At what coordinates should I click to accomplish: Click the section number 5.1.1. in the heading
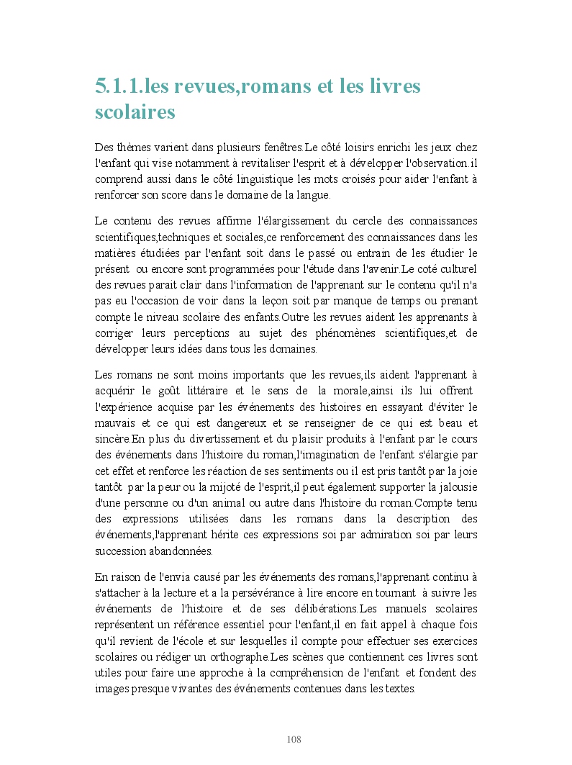coord(119,87)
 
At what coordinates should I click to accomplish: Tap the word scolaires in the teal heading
coord(135,113)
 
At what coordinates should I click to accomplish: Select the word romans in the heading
coord(271,87)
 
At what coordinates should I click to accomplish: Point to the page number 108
coord(294,740)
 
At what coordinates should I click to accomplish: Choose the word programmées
coord(246,269)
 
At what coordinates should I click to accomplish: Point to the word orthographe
coord(233,657)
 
